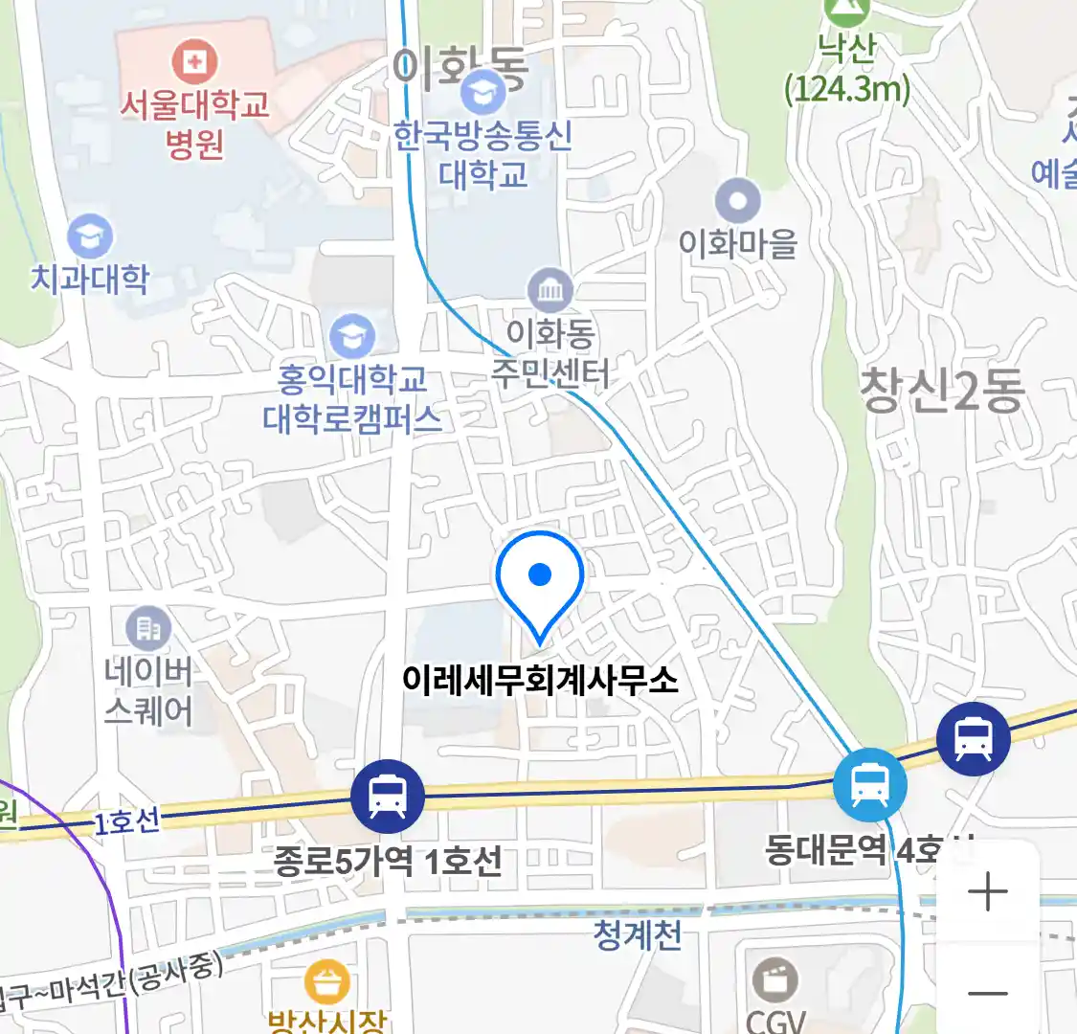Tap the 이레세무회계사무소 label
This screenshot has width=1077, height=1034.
[540, 681]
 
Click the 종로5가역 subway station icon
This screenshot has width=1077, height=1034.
[387, 796]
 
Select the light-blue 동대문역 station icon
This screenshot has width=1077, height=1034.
[869, 786]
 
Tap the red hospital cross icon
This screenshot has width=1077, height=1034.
[194, 63]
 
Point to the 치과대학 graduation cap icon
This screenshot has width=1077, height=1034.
[90, 236]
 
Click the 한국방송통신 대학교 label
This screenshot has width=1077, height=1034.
[483, 155]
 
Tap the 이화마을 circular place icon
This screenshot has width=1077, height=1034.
[738, 202]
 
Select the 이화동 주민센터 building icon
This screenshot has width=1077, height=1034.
[550, 290]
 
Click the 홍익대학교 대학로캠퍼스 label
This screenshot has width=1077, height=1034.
[352, 400]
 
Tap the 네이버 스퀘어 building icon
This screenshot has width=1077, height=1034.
[148, 629]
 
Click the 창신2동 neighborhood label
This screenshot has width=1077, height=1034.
[942, 391]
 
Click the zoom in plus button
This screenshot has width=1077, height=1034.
[987, 892]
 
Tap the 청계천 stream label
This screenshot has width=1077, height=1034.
[638, 933]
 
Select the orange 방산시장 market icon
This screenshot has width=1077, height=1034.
[327, 982]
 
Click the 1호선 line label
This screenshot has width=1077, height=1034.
[126, 821]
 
